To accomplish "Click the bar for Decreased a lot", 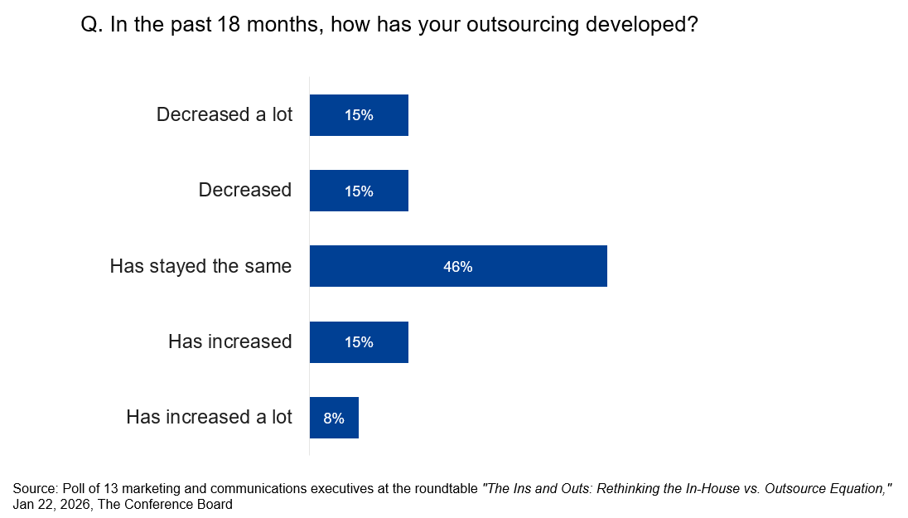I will coord(359,115).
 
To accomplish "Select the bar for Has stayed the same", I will coord(458,266).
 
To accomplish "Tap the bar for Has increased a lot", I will coord(334,418).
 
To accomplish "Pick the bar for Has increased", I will coord(359,342).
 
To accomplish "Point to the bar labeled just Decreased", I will coord(359,191).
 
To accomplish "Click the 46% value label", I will coord(458,267).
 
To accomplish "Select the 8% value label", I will coord(334,419).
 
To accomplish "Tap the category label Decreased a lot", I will coord(225,114).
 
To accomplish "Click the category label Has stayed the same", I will coord(200,266).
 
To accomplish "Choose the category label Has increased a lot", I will coord(209,417).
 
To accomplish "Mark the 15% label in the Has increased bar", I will coord(359,342).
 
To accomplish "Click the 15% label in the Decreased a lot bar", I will coord(359,115).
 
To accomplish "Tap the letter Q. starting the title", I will coord(90,25).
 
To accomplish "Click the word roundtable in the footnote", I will coord(447,489).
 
